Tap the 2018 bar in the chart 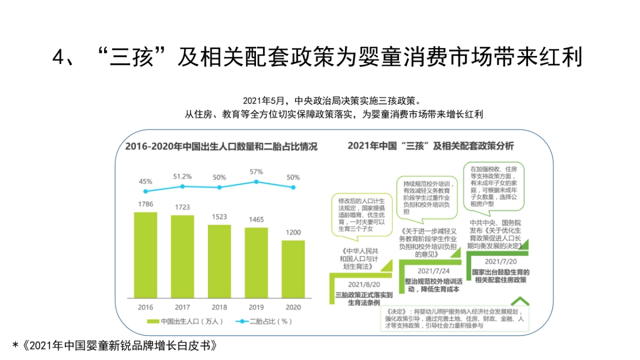tap(219, 261)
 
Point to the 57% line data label tap(257, 172)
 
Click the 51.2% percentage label tap(182, 177)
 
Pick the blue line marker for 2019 tap(257, 182)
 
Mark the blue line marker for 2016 tap(146, 191)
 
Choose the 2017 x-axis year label tap(182, 307)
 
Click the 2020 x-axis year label tap(293, 307)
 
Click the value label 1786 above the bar tap(146, 204)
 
